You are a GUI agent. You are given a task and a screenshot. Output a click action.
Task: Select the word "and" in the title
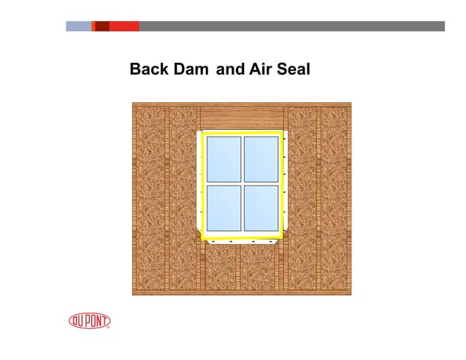pyautogui.click(x=231, y=69)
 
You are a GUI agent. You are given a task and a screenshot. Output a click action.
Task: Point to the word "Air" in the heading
pyautogui.click(x=262, y=69)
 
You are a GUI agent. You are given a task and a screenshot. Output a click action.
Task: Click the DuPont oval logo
pyautogui.click(x=89, y=321)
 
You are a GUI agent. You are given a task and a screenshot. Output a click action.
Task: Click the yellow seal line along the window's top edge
pyautogui.click(x=242, y=133)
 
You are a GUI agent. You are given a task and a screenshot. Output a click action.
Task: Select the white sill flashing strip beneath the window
pyautogui.click(x=242, y=240)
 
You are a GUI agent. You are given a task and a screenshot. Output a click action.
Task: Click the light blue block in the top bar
pyautogui.click(x=78, y=26)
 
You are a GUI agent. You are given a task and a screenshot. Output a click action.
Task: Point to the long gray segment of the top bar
pyautogui.click(x=291, y=26)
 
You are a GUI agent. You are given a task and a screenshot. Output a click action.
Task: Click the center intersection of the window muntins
pyautogui.click(x=242, y=183)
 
